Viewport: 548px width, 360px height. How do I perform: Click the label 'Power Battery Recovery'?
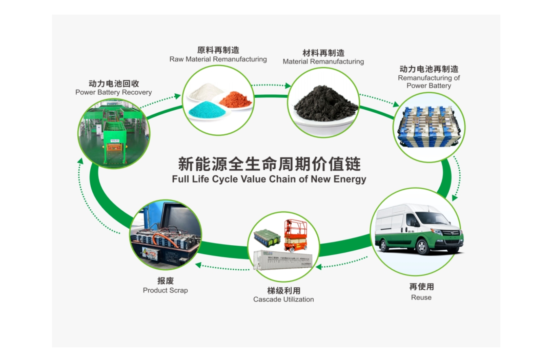[x=114, y=92]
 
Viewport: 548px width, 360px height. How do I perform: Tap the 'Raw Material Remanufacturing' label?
[x=218, y=59]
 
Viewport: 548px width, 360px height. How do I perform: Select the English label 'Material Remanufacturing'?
[x=323, y=62]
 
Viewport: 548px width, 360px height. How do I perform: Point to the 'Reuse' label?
[x=421, y=297]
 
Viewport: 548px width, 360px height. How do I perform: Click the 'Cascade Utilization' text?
[x=284, y=299]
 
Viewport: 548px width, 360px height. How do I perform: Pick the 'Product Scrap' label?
[x=165, y=290]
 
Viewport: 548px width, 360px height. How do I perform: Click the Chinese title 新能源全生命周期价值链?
[x=269, y=164]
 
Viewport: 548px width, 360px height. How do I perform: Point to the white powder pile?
[x=206, y=91]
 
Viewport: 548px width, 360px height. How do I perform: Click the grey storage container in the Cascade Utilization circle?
[x=283, y=260]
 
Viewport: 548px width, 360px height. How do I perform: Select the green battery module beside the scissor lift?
[x=266, y=238]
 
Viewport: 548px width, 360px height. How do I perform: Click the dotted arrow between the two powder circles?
[x=271, y=85]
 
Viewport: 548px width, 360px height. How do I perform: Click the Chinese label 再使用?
[x=421, y=287]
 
